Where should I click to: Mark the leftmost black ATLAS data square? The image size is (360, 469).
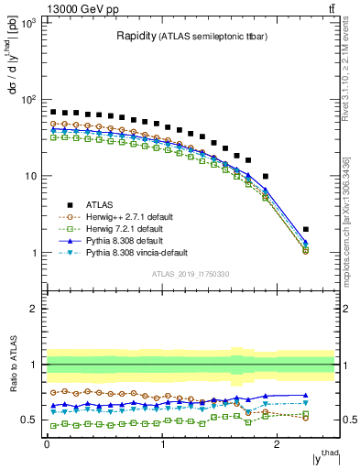[53, 112]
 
